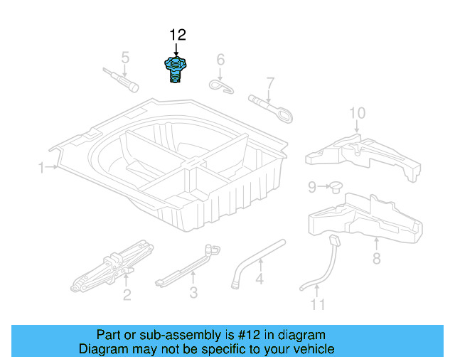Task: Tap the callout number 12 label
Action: click(176, 35)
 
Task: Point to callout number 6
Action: click(220, 59)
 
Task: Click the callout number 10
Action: click(357, 112)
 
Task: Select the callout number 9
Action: click(311, 187)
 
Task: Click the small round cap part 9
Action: click(333, 186)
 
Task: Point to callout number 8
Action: click(376, 260)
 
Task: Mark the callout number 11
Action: click(317, 305)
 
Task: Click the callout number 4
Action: click(259, 279)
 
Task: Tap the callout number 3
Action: click(193, 292)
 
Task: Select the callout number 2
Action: click(127, 294)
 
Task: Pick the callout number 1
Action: click(41, 168)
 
